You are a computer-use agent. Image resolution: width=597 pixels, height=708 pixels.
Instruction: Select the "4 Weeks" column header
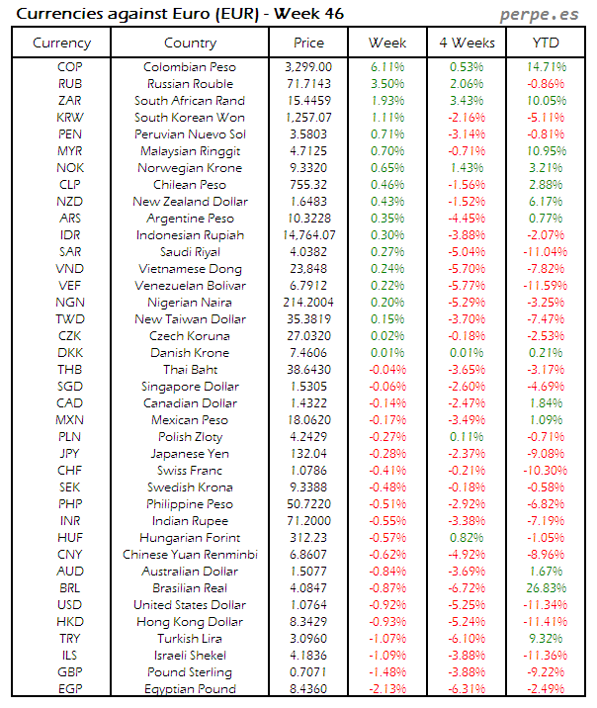coord(466,43)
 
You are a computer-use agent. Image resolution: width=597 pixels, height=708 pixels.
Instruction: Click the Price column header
coord(308,43)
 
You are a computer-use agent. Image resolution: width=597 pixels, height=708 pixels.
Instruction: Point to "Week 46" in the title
coord(295,14)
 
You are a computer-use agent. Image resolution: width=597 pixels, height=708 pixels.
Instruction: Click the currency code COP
coord(70,67)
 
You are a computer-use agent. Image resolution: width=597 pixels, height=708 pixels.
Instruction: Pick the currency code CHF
coord(70,471)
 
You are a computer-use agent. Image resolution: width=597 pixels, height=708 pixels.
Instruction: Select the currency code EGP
coord(70,689)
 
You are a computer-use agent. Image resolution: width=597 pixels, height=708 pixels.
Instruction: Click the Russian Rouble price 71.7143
coord(308,84)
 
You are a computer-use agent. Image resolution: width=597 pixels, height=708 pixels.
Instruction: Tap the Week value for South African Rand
coord(387,101)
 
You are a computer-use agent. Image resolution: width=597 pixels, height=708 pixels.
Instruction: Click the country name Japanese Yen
coord(190,454)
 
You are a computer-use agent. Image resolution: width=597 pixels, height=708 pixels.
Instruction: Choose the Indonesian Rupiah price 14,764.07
coord(308,235)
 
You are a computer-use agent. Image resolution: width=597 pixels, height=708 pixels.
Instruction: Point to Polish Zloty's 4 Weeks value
coord(466,437)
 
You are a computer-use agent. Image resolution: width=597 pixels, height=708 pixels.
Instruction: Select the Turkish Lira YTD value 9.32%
coord(545,639)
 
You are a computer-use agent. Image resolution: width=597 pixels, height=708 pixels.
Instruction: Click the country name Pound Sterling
coord(190,672)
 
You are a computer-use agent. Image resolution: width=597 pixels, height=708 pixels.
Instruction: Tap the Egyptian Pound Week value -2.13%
coord(387,689)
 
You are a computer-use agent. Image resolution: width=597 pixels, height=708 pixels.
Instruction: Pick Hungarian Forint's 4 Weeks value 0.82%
coord(466,538)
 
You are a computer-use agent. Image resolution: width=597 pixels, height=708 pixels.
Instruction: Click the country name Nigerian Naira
coord(190,303)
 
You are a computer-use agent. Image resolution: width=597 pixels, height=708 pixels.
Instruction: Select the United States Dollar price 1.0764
coord(308,605)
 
